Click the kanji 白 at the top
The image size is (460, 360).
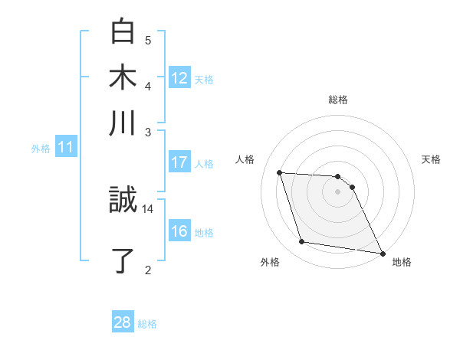click(123, 31)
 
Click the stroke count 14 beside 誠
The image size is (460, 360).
click(148, 208)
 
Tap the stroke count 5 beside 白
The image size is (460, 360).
click(148, 41)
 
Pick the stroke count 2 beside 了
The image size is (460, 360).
click(148, 270)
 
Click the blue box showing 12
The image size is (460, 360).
click(179, 78)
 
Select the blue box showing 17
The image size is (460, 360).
click(179, 162)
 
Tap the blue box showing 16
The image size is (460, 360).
click(179, 231)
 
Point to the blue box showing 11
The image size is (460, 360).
click(65, 148)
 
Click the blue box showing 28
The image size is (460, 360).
click(122, 323)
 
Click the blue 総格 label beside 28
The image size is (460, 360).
click(147, 324)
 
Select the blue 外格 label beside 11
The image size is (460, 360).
click(40, 149)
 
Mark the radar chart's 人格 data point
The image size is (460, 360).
click(280, 172)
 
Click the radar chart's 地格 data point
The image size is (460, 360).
click(382, 253)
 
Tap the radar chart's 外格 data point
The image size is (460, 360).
click(302, 242)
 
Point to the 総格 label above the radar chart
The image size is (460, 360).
click(337, 100)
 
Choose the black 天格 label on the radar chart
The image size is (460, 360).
click(431, 159)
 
